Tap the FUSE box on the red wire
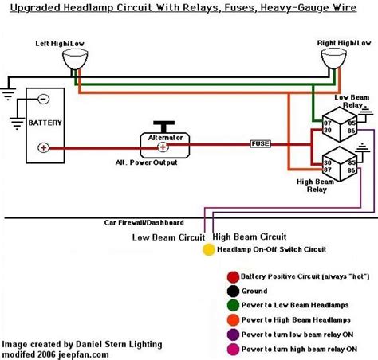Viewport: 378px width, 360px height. (260, 144)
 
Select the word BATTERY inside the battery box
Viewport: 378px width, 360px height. (42, 124)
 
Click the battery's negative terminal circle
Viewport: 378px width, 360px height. (42, 100)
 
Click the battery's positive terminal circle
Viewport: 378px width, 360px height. (42, 147)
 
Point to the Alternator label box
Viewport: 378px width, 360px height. (166, 137)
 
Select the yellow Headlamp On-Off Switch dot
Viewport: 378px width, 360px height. (207, 249)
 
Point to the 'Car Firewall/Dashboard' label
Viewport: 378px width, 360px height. (144, 222)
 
